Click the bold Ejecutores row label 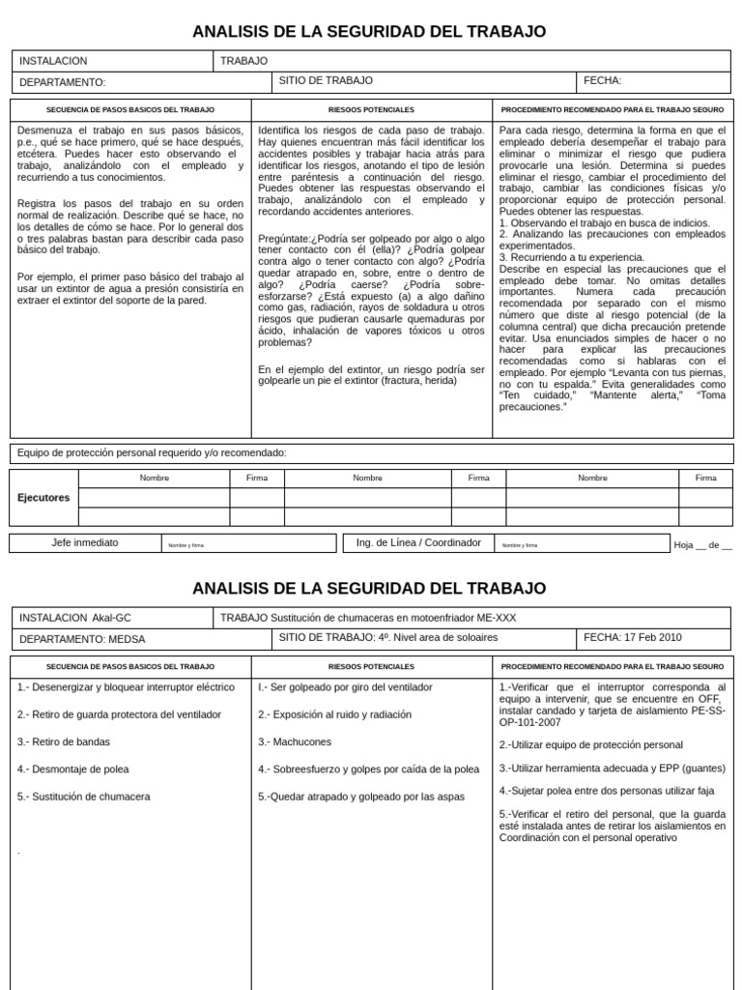coord(43,498)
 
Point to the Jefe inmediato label coord(85,542)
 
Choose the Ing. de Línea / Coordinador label coord(418,542)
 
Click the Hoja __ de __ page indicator coord(702,545)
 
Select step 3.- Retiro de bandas coord(64,742)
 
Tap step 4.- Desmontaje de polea coord(72,769)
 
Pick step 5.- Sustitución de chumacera coord(84,797)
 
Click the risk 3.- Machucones coord(295,742)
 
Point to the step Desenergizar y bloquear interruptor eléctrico coord(126,687)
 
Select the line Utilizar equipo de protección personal coord(590,744)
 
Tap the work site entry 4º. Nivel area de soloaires coord(388,637)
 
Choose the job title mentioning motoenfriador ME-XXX coord(368,617)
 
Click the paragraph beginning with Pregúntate coord(371,290)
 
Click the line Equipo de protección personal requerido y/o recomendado coord(152,452)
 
